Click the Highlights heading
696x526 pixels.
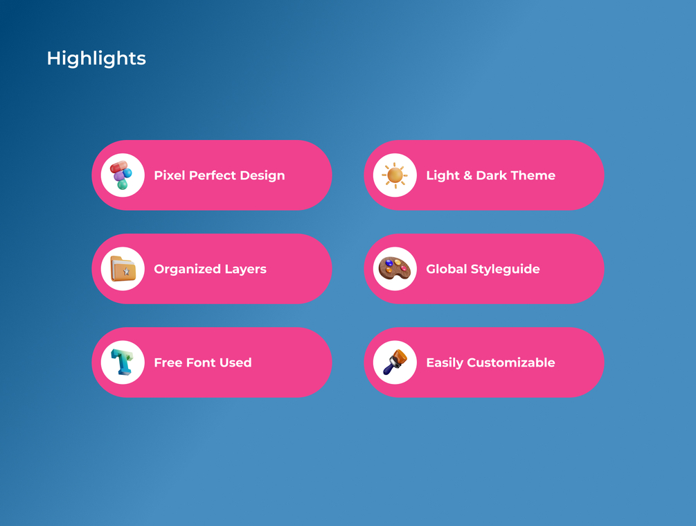[96, 59]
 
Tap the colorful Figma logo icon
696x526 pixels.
[121, 175]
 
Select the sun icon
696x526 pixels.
[395, 175]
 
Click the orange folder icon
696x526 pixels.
[123, 269]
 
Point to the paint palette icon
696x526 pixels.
[395, 268]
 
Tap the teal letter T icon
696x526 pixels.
[122, 362]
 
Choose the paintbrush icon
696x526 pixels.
[395, 362]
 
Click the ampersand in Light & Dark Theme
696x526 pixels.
[468, 175]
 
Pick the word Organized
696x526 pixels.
[187, 269]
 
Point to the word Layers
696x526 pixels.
[245, 270]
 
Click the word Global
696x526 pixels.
[447, 269]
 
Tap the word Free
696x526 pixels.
[168, 362]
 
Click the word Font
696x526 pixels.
[201, 362]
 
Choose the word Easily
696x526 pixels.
[445, 363]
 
